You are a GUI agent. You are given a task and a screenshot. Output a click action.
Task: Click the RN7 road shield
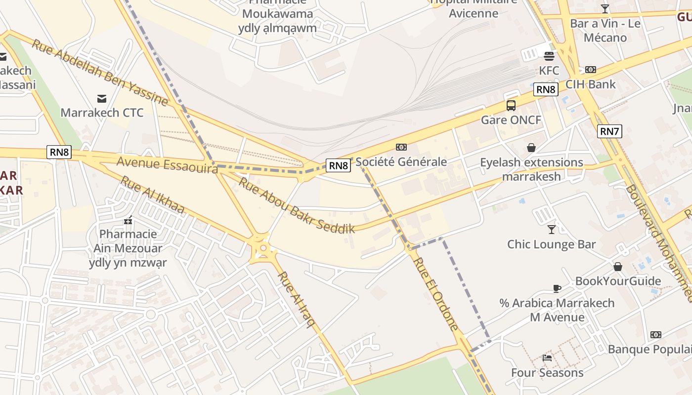(x=609, y=131)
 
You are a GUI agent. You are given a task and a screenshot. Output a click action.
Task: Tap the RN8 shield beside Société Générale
(x=339, y=165)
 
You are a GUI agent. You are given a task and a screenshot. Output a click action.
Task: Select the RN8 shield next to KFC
(x=546, y=89)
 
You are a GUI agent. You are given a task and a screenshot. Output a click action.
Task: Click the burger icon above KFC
(x=549, y=56)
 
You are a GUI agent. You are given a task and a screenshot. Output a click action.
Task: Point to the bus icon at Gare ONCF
(x=511, y=105)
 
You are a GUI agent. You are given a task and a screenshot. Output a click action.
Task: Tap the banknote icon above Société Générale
(x=401, y=147)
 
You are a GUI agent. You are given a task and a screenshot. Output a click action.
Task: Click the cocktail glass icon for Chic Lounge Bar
(x=552, y=229)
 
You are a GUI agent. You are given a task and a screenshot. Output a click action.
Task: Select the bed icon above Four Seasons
(x=547, y=357)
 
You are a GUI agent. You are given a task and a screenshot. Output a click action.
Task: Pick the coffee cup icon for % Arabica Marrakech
(x=557, y=288)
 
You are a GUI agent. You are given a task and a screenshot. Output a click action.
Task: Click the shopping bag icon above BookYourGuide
(x=618, y=267)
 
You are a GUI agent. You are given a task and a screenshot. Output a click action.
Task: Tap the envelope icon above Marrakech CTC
(x=102, y=98)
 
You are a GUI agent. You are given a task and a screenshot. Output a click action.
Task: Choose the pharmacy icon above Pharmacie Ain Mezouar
(x=129, y=220)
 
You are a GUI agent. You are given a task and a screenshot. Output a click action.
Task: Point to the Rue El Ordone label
(x=436, y=294)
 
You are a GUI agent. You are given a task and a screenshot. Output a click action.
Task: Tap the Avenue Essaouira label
(x=167, y=165)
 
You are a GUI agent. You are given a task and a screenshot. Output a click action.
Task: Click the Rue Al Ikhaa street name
(x=152, y=195)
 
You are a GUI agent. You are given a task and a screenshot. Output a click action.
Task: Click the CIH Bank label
(x=591, y=84)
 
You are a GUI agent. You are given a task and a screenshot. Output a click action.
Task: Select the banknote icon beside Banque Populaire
(x=656, y=335)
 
